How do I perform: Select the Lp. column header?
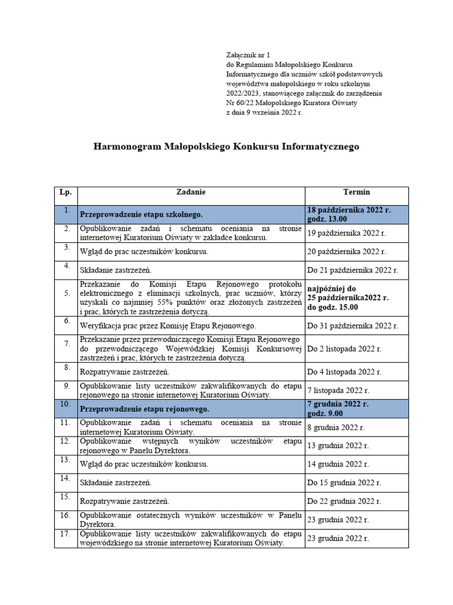pyautogui.click(x=65, y=193)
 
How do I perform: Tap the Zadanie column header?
pyautogui.click(x=191, y=193)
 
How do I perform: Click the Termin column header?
pyautogui.click(x=356, y=193)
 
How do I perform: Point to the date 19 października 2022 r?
pyautogui.click(x=346, y=233)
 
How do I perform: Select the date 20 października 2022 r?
pyautogui.click(x=347, y=252)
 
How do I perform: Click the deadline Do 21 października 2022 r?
pyautogui.click(x=353, y=271)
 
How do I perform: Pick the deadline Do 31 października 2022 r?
pyautogui.click(x=353, y=326)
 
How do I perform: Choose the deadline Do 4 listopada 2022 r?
pyautogui.click(x=344, y=372)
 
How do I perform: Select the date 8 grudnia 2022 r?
pyautogui.click(x=336, y=427)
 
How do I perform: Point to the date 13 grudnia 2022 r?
pyautogui.click(x=338, y=446)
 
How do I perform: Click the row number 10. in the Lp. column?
pyautogui.click(x=65, y=404)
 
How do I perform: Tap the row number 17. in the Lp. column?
pyautogui.click(x=65, y=534)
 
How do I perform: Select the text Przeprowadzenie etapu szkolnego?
pyautogui.click(x=141, y=214)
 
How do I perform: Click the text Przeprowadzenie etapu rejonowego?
pyautogui.click(x=144, y=409)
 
